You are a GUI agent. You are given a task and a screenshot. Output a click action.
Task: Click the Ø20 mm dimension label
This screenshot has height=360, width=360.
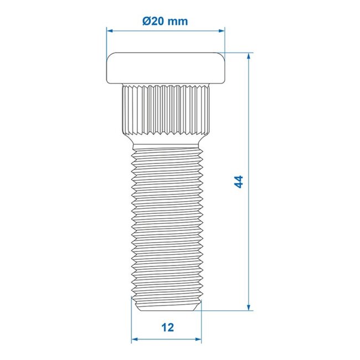coord(165,22)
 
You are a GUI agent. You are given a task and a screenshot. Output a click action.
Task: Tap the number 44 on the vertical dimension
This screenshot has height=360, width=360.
coord(239,182)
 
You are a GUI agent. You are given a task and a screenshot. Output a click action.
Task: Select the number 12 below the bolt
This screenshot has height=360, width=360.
coord(167,327)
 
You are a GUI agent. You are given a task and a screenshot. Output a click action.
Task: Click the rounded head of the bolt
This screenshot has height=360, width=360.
coord(166,67)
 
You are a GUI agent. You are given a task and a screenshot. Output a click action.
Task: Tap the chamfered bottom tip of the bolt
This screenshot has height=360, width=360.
coord(166,305)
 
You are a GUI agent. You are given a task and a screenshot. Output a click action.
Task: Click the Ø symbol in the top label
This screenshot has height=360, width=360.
coord(146,22)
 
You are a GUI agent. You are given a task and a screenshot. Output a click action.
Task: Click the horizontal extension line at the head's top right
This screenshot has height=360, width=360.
coord(238,53)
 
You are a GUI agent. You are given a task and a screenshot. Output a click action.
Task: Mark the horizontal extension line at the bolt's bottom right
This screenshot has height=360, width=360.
coord(227,311)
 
